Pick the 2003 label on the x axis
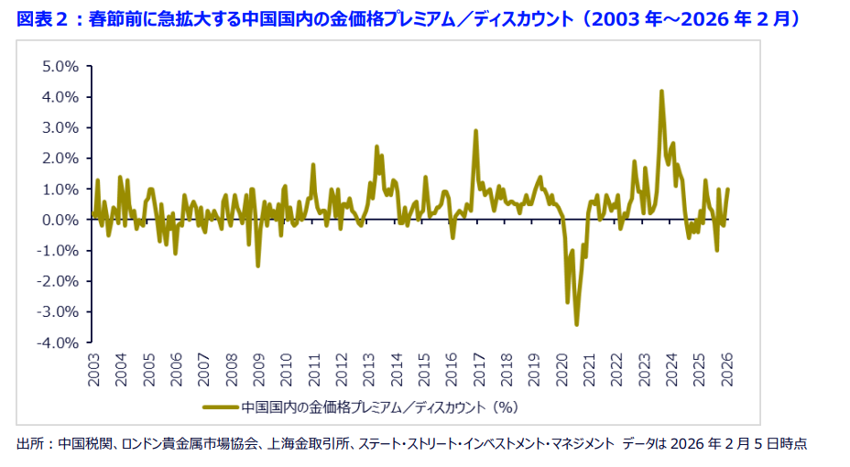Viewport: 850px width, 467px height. click(93, 370)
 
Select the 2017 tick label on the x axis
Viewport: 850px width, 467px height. click(478, 370)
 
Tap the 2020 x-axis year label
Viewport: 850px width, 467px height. click(561, 370)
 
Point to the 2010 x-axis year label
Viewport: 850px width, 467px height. click(286, 370)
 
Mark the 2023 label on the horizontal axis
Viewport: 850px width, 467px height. click(643, 370)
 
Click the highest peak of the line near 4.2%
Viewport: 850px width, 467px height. click(661, 92)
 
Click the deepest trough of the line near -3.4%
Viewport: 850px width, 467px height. click(576, 324)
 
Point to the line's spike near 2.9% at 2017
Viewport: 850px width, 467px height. click(475, 131)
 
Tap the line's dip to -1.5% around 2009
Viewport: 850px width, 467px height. click(258, 266)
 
